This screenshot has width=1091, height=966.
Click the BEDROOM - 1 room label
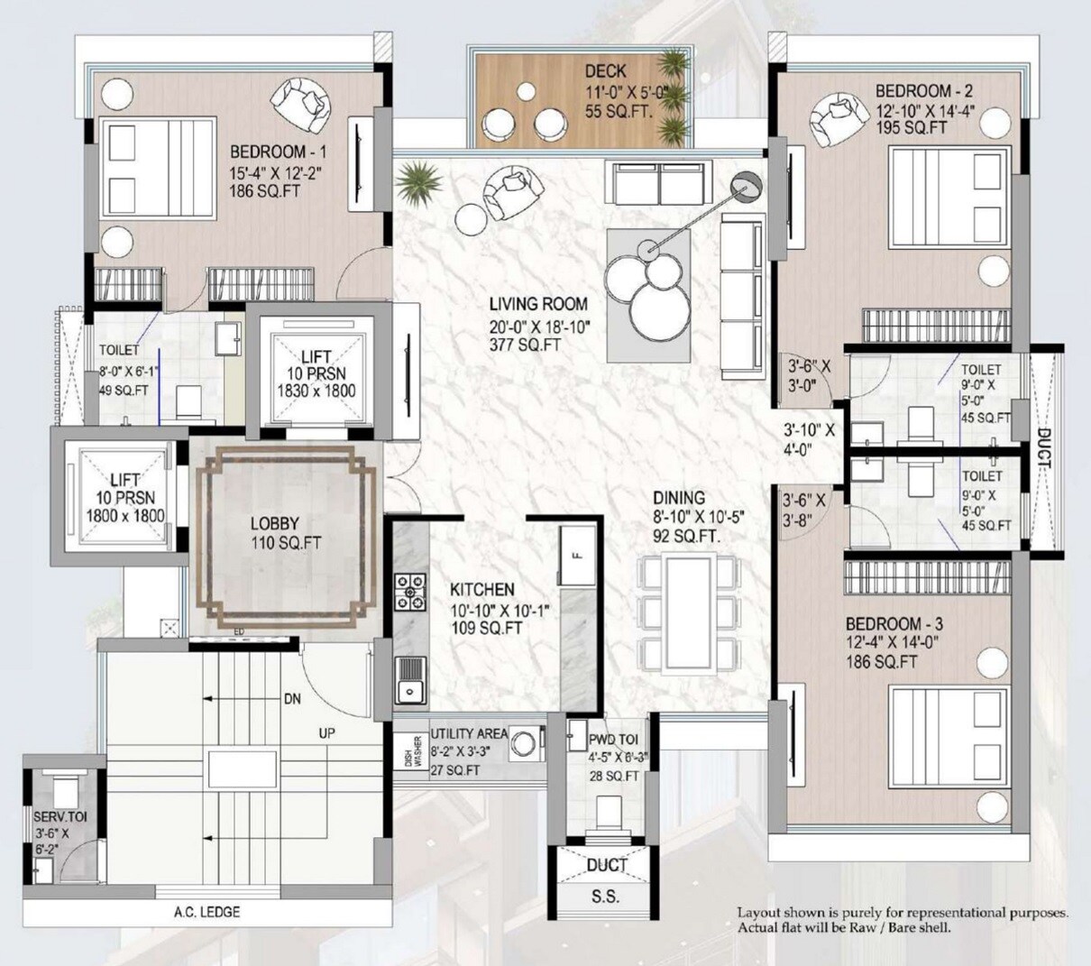[x=279, y=151]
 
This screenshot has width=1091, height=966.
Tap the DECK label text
[x=605, y=71]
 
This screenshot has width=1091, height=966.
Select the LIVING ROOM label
[x=538, y=304]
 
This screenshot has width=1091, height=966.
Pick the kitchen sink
[x=410, y=679]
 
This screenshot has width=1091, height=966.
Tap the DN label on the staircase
[x=292, y=698]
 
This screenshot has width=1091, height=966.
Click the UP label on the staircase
[x=326, y=733]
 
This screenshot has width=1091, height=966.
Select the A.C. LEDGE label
[x=206, y=912]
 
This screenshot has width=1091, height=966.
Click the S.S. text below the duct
[x=605, y=897]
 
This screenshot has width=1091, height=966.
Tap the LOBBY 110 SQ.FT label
[x=274, y=533]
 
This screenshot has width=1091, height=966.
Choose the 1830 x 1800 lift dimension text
[x=316, y=391]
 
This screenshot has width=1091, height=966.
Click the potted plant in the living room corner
[x=419, y=179]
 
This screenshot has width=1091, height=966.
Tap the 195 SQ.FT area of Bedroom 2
[x=912, y=127]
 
